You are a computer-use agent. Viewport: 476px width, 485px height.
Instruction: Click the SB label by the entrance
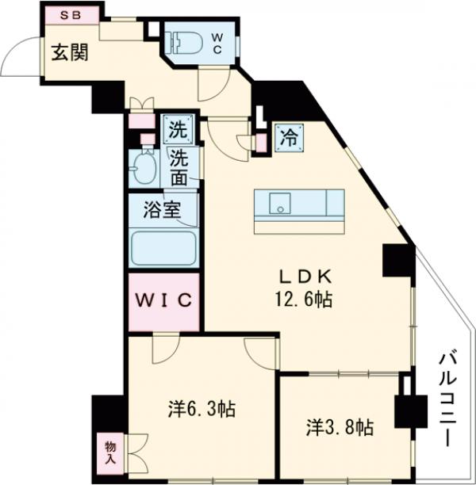point(71,15)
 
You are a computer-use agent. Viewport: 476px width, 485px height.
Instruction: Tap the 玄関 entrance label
point(70,54)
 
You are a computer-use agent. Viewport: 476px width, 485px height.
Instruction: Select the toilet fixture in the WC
point(183,41)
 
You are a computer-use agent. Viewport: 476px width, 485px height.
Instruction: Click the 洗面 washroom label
point(180,167)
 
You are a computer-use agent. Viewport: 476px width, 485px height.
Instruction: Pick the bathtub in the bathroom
point(163,249)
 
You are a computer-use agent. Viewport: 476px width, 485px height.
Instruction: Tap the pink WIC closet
point(163,301)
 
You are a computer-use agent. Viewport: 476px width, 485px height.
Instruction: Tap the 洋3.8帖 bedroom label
point(340,428)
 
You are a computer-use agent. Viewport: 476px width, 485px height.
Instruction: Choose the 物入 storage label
point(110,454)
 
